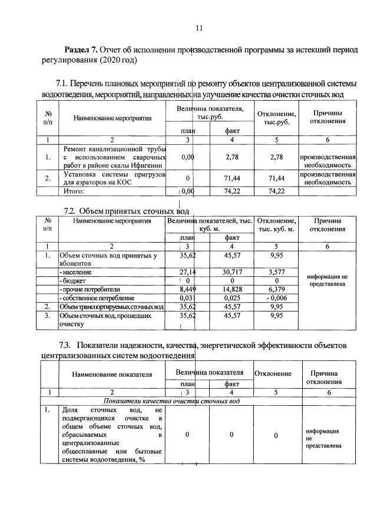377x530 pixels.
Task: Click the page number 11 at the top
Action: click(x=199, y=28)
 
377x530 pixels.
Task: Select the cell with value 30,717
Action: click(x=232, y=273)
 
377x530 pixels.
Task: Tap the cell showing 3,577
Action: click(x=276, y=273)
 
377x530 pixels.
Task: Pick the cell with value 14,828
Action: click(x=232, y=289)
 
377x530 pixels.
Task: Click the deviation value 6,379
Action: click(x=276, y=289)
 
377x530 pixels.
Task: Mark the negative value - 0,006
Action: click(x=276, y=298)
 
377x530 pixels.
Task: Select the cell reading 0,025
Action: click(x=232, y=298)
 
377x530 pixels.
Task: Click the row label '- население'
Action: click(x=75, y=273)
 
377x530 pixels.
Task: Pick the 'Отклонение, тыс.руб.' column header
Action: click(x=276, y=118)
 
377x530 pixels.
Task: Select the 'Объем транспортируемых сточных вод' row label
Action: click(x=111, y=307)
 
